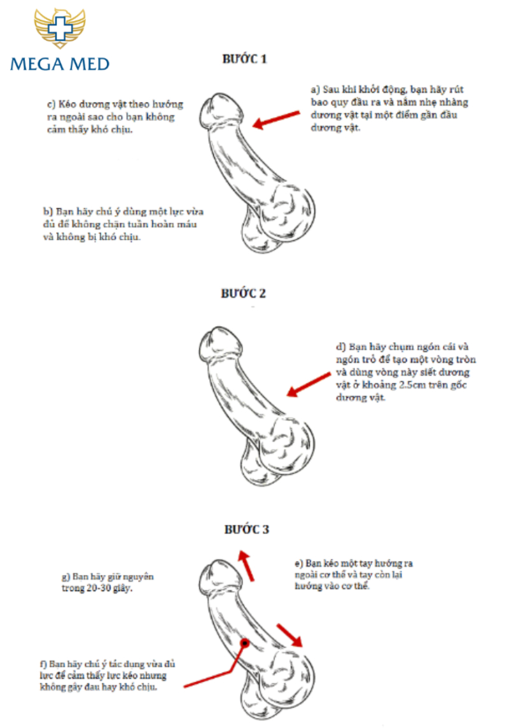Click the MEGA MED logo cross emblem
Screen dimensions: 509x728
[59, 28]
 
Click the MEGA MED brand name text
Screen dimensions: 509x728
[60, 64]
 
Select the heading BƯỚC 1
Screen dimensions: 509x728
[244, 59]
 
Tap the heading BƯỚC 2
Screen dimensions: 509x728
[244, 294]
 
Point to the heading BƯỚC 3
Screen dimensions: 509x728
[247, 529]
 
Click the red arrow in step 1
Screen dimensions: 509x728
[276, 119]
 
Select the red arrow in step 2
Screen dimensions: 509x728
[309, 385]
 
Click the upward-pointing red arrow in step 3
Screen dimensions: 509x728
[246, 565]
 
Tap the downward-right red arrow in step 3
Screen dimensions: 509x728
[289, 635]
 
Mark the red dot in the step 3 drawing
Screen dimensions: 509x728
[244, 643]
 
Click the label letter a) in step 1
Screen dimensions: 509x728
[316, 90]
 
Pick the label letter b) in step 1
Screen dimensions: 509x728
[48, 211]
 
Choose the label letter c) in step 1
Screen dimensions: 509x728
[52, 104]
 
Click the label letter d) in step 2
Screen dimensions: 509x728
[341, 347]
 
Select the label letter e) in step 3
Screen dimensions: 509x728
[299, 564]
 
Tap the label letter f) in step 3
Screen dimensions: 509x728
[43, 664]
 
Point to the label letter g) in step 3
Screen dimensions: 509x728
[66, 577]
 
